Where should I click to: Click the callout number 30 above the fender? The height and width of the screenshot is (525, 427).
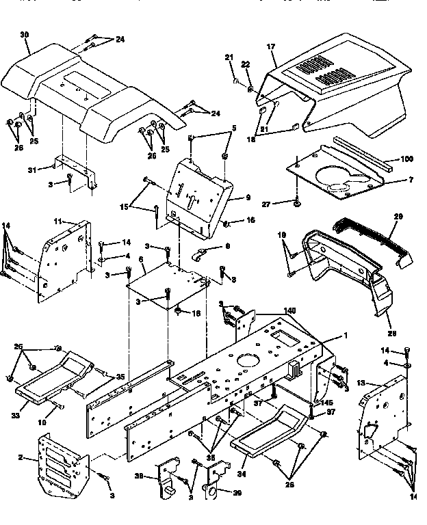coord(25,34)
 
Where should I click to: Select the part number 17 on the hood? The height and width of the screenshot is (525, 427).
coord(271,46)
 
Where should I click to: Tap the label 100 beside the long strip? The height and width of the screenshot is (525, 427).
coord(407,159)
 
